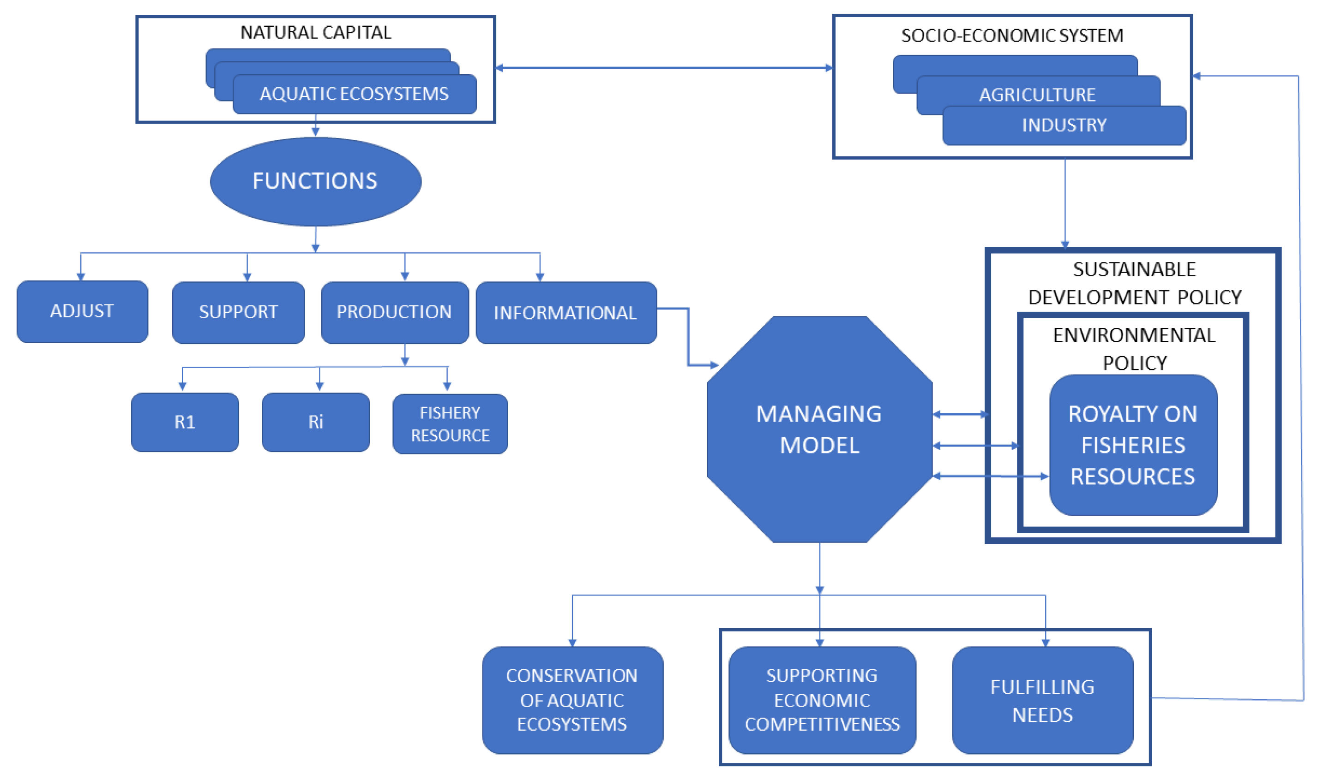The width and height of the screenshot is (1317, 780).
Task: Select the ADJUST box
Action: pyautogui.click(x=82, y=311)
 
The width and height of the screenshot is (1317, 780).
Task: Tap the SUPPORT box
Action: pyautogui.click(x=238, y=312)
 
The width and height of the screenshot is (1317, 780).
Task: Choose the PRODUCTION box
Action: pyautogui.click(x=395, y=312)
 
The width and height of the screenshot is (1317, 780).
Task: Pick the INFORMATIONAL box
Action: pyautogui.click(x=565, y=313)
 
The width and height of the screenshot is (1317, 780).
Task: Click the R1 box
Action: pyautogui.click(x=185, y=422)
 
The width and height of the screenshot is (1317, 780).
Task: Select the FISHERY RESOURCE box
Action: pyautogui.click(x=450, y=423)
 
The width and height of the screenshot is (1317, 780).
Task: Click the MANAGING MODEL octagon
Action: pyautogui.click(x=819, y=429)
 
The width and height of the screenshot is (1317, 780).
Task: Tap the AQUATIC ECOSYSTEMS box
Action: pyautogui.click(x=354, y=94)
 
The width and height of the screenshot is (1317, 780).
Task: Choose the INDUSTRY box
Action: pyautogui.click(x=1064, y=125)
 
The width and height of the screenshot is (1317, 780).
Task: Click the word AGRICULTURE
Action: pyautogui.click(x=1037, y=95)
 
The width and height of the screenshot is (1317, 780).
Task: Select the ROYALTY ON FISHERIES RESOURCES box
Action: pyautogui.click(x=1132, y=445)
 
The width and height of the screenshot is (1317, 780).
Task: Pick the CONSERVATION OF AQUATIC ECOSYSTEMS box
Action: pyautogui.click(x=572, y=700)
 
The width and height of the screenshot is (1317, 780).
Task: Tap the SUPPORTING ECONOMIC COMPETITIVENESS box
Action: pyautogui.click(x=822, y=700)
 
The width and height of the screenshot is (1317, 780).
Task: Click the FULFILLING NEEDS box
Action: pyautogui.click(x=1042, y=700)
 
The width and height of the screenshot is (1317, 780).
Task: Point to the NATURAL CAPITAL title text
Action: pyautogui.click(x=316, y=33)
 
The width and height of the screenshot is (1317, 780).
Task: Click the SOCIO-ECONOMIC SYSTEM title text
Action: pyautogui.click(x=1011, y=36)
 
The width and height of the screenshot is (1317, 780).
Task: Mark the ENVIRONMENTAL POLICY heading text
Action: pyautogui.click(x=1133, y=348)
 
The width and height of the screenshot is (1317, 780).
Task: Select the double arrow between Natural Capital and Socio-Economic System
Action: pyautogui.click(x=664, y=68)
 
